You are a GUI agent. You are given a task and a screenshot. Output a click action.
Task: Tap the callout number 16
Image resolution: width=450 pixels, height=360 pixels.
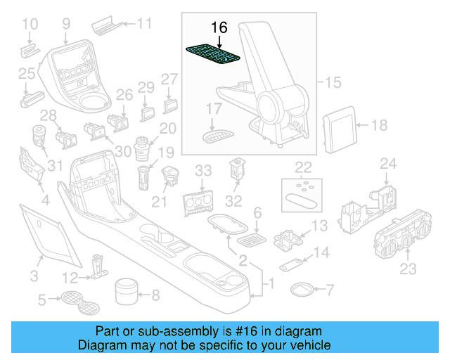pyautogui.click(x=219, y=27)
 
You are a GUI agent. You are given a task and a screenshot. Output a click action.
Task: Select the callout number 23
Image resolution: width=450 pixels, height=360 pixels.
pyautogui.click(x=409, y=269)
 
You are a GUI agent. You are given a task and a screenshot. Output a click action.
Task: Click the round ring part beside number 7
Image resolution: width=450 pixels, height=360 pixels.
pyautogui.click(x=303, y=288)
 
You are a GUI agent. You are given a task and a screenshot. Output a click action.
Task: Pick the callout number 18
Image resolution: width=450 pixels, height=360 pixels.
pyautogui.click(x=379, y=126)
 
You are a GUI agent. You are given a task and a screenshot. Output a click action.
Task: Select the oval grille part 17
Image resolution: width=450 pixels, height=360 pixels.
pyautogui.click(x=217, y=134)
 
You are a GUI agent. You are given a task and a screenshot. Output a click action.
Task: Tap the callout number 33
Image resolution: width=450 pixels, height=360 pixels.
pyautogui.click(x=203, y=170)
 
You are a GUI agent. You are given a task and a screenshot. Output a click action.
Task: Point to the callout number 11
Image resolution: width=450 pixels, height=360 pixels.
pyautogui.click(x=144, y=24)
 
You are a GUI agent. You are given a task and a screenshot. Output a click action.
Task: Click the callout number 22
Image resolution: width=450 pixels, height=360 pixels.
pyautogui.click(x=303, y=167)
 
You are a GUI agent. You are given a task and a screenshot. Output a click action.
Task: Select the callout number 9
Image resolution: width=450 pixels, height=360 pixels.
pyautogui.click(x=66, y=24)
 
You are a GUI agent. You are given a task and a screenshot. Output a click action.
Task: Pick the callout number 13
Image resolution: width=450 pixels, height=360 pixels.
pyautogui.click(x=320, y=226)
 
